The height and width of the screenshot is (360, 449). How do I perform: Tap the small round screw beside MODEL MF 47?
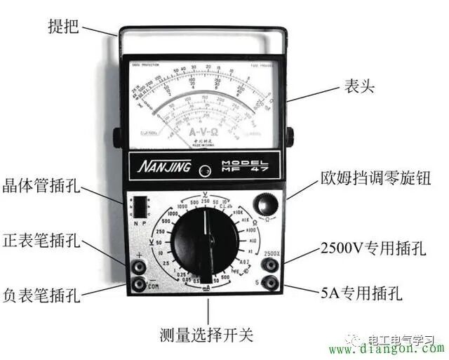205,171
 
